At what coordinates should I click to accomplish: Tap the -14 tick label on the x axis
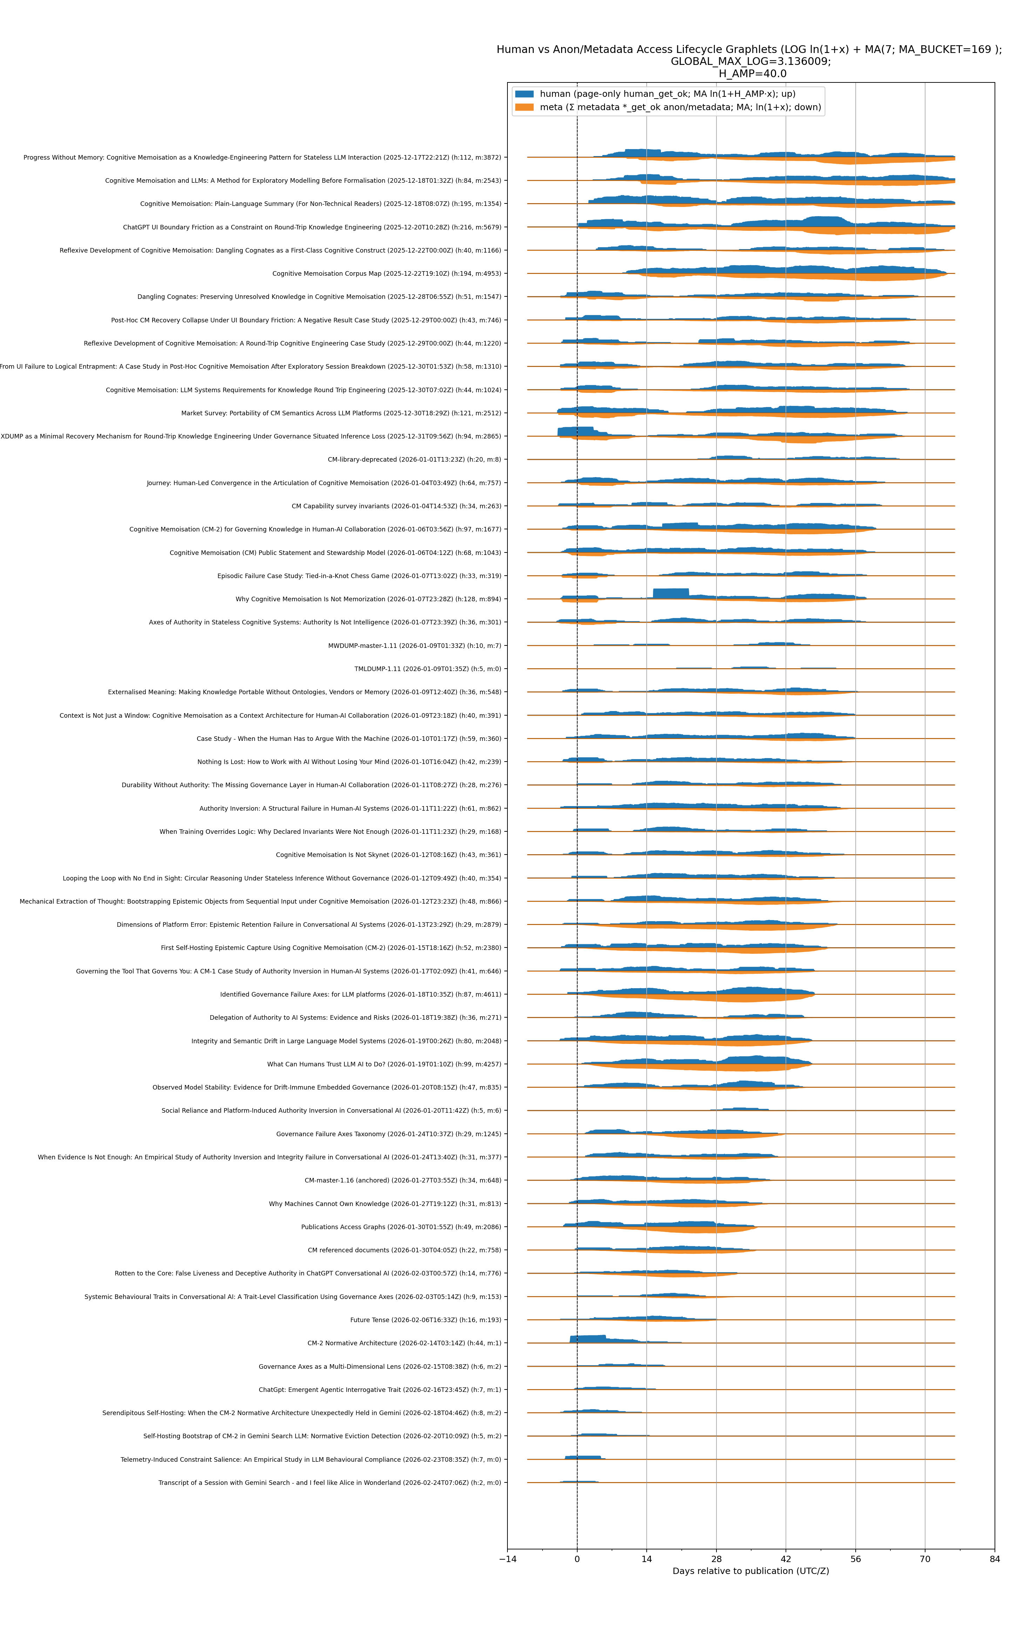[x=507, y=1559]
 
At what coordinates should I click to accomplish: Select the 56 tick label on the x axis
[x=855, y=1559]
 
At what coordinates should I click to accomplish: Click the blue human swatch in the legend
[x=524, y=94]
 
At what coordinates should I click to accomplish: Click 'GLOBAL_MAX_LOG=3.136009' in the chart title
[x=750, y=61]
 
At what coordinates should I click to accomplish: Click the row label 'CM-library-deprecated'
[x=414, y=460]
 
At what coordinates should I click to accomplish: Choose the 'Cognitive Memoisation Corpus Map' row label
[x=386, y=274]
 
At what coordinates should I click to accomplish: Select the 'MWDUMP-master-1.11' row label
[x=415, y=645]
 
